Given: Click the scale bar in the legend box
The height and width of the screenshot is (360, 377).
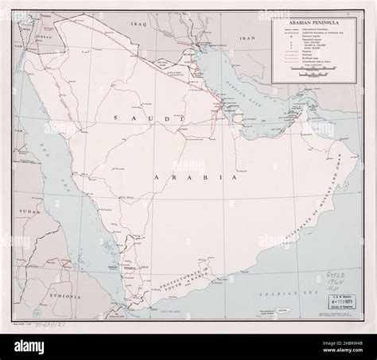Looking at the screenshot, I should coord(313,72).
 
